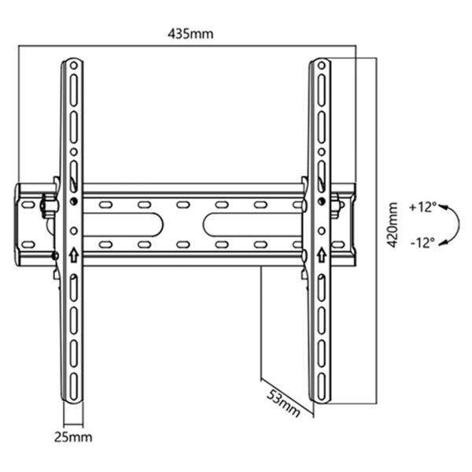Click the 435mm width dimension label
190,34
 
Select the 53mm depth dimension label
284,404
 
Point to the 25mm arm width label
73,437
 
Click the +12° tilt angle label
422,208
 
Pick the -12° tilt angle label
422,242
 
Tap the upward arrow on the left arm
74,256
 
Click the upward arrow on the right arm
322,255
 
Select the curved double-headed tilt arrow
459,224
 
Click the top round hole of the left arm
73,65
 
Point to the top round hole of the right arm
322,65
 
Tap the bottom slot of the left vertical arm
74,386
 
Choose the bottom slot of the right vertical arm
322,386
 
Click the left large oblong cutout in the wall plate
124,224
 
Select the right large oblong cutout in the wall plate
253,224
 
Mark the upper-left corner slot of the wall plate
28,205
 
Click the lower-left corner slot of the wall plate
28,244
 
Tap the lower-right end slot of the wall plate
338,244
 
